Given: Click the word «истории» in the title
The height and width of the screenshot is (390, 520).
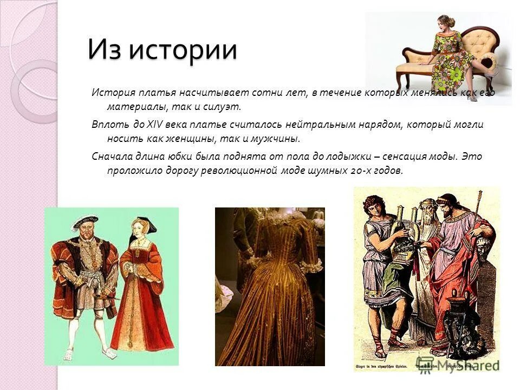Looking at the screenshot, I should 183,50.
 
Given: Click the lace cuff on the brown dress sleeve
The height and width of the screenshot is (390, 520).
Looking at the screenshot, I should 313,266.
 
